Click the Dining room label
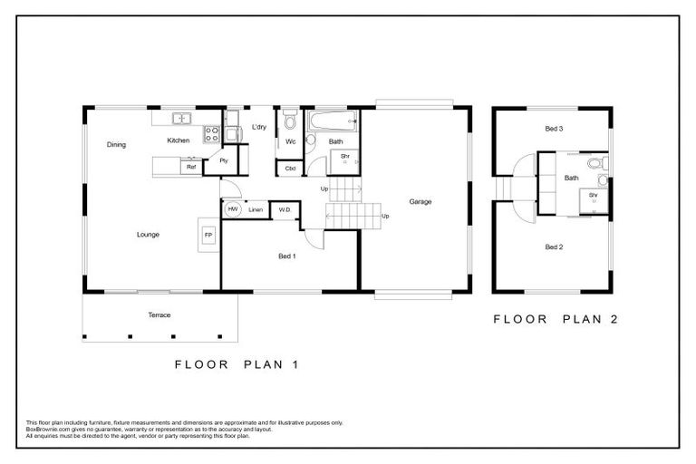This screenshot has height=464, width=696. pyautogui.click(x=116, y=144)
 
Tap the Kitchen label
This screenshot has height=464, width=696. pyautogui.click(x=178, y=141)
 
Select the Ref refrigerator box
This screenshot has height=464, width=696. pyautogui.click(x=191, y=167)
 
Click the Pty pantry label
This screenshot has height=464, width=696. pyautogui.click(x=223, y=160)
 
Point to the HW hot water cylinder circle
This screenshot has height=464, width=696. pyautogui.click(x=232, y=209)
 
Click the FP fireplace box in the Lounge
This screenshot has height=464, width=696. pyautogui.click(x=208, y=235)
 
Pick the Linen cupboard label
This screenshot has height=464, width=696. pyautogui.click(x=256, y=209)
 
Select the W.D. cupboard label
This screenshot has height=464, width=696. pyautogui.click(x=284, y=209)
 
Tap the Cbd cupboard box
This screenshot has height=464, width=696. pyautogui.click(x=290, y=168)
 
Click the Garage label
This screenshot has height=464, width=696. pyautogui.click(x=419, y=201)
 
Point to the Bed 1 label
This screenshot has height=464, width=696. pyautogui.click(x=287, y=256)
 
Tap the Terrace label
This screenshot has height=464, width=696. pyautogui.click(x=159, y=314)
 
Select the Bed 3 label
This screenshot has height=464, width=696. pyautogui.click(x=554, y=130)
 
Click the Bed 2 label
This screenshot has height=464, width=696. pyautogui.click(x=554, y=246)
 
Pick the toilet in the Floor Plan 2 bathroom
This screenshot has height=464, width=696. pyautogui.click(x=594, y=164)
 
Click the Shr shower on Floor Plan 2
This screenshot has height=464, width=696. pyautogui.click(x=594, y=198)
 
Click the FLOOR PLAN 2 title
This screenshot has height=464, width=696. pyautogui.click(x=555, y=319)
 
